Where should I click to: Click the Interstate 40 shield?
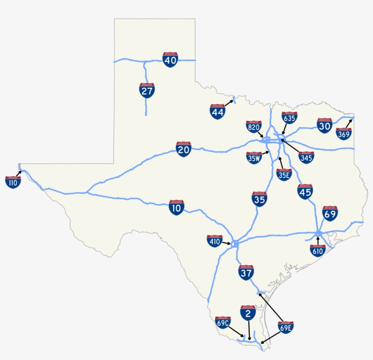coord(170,60)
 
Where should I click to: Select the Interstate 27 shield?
coord(147,91)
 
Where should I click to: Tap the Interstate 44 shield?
coord(217,112)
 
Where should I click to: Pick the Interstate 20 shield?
coord(183,149)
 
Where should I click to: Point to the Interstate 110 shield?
coord(13,182)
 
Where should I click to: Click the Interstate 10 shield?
coord(176,208)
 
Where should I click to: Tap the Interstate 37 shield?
coord(246,273)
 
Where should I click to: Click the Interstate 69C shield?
coord(223,323)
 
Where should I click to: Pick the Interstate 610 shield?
coord(318,250)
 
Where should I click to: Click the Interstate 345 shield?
coord(306,157)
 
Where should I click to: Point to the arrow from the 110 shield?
coord(19,173)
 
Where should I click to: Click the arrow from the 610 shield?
coord(318,240)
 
